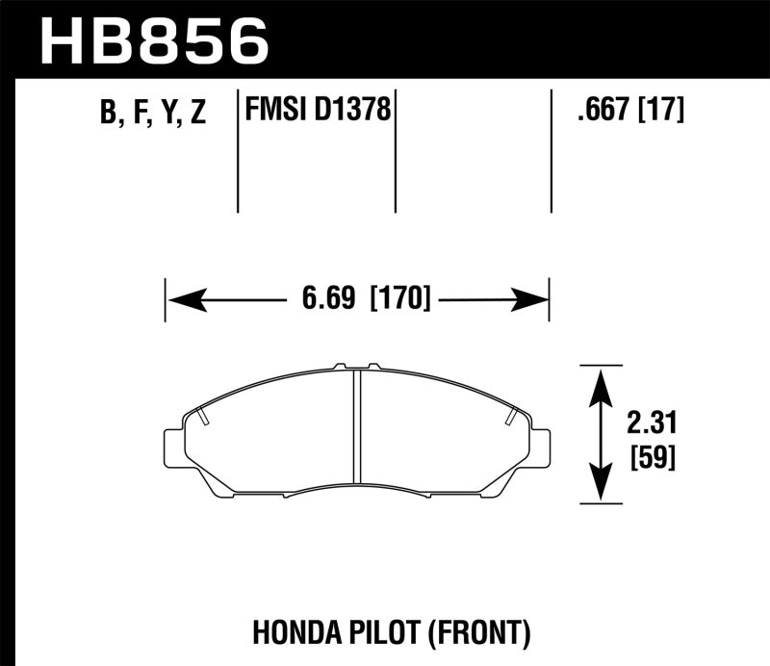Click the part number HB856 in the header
pyautogui.click(x=155, y=41)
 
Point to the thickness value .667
pyautogui.click(x=603, y=111)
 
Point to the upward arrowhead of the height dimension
pyautogui.click(x=601, y=386)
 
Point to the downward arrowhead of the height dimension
pyautogui.click(x=601, y=481)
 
